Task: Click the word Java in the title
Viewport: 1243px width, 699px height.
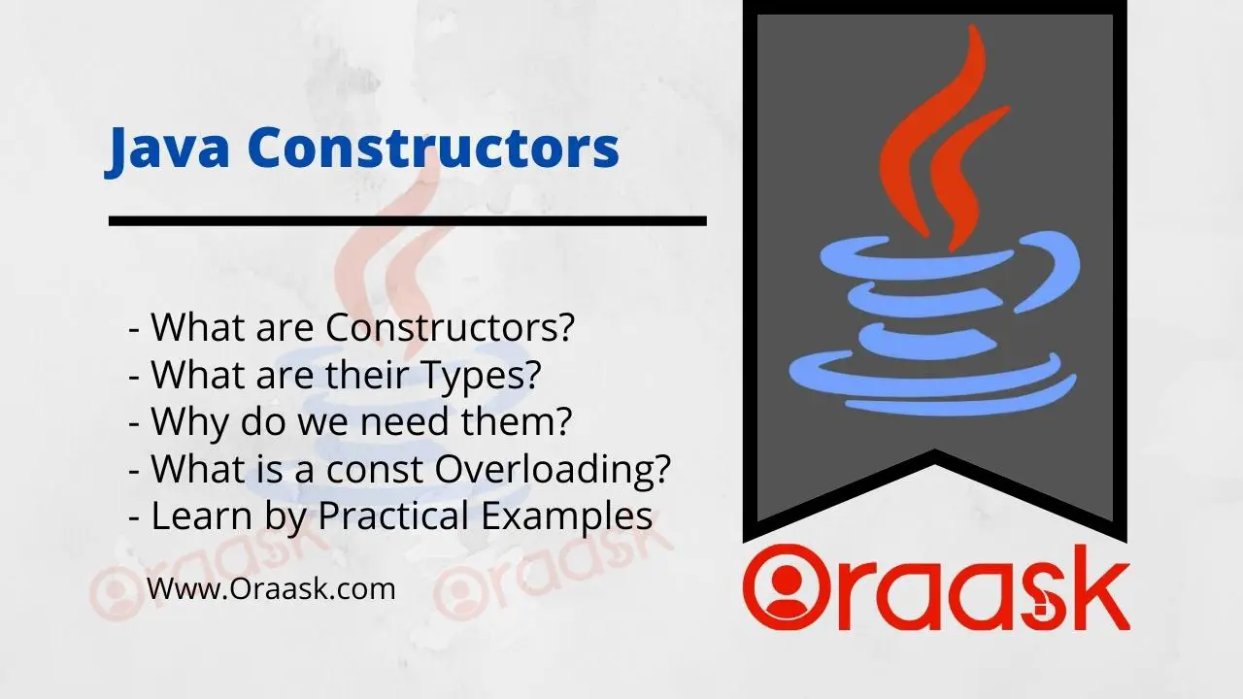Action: point(167,149)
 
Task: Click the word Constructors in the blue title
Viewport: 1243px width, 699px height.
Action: point(433,147)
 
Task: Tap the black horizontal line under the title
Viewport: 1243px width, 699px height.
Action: point(407,220)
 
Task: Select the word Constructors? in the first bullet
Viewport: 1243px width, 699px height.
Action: point(450,327)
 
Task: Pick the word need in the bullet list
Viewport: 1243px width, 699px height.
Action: point(406,421)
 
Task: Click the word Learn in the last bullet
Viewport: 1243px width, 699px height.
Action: point(202,516)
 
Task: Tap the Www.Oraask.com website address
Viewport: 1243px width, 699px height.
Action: point(271,588)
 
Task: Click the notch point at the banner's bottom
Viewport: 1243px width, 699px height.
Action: point(935,449)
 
